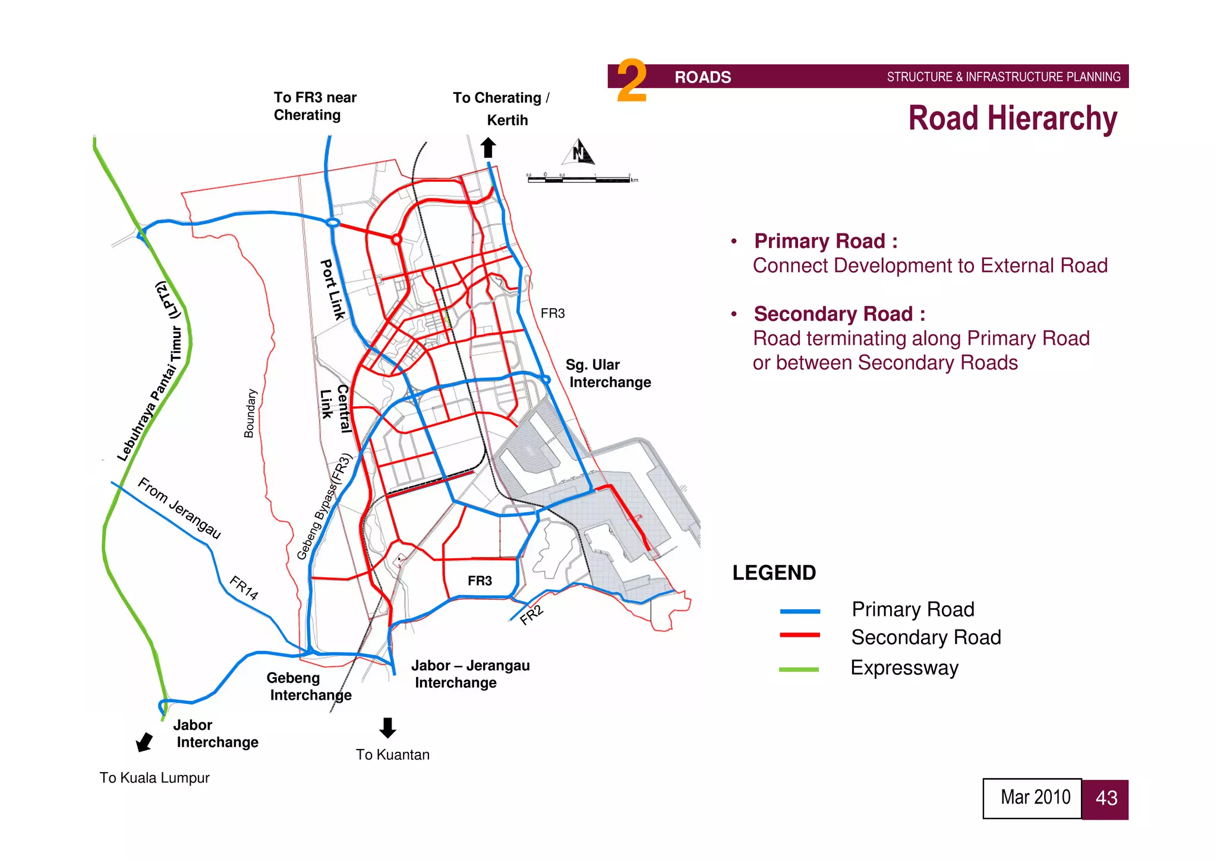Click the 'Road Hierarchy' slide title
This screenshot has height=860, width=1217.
[x=1012, y=118]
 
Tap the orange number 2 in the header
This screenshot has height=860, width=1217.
[x=631, y=81]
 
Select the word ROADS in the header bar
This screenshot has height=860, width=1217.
[x=702, y=77]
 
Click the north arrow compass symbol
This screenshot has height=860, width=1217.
[x=579, y=152]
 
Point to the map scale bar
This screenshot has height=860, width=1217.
[x=581, y=178]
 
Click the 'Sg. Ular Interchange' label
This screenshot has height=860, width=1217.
[x=608, y=374]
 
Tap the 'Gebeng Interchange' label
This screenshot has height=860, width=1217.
[x=308, y=687]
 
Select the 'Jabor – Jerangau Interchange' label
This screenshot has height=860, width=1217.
[x=470, y=674]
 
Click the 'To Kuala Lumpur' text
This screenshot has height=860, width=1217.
[x=155, y=778]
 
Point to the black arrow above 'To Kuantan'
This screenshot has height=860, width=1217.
[x=387, y=727]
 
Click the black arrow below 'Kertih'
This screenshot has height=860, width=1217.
[x=488, y=147]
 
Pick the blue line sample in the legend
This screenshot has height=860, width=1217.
[x=800, y=611]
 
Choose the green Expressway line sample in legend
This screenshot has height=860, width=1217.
[x=799, y=669]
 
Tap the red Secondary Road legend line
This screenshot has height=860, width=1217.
[x=800, y=635]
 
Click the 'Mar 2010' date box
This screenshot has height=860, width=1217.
[x=1032, y=798]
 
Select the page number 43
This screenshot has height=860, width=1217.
[x=1105, y=799]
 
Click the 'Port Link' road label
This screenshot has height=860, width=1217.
[x=333, y=289]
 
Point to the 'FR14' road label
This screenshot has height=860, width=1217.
[x=244, y=588]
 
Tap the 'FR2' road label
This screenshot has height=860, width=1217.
[x=531, y=615]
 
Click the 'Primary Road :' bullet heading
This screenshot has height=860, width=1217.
[x=825, y=241]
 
